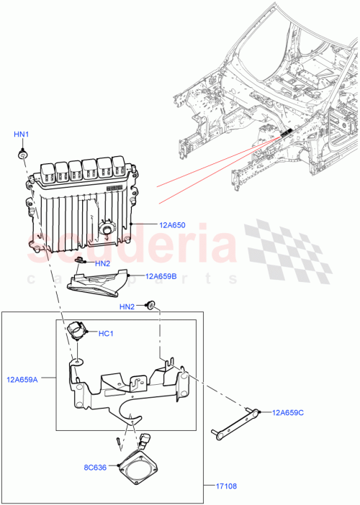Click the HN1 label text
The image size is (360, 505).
pyautogui.click(x=22, y=135)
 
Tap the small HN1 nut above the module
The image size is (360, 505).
pyautogui.click(x=23, y=155)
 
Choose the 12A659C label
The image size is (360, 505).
pyautogui.click(x=289, y=412)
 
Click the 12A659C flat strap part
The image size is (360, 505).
pyautogui.click(x=234, y=423)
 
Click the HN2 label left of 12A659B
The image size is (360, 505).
pyautogui.click(x=102, y=263)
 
